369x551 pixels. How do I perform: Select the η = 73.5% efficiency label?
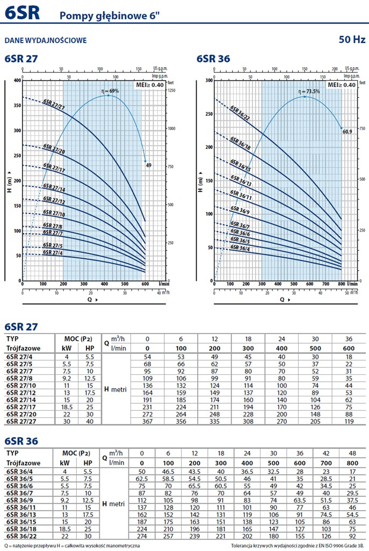(x=309, y=91)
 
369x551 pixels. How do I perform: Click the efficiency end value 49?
(x=149, y=165)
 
